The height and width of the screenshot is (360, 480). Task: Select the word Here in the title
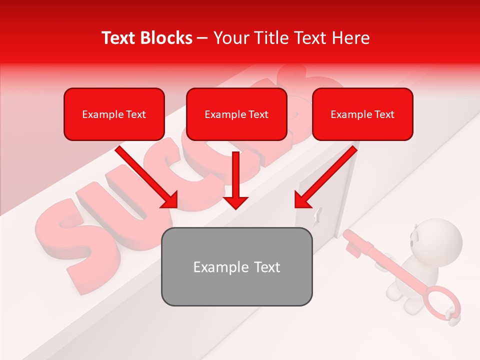[350, 38]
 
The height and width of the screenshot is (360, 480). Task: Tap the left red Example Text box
[114, 114]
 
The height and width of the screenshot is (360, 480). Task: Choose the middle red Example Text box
[236, 114]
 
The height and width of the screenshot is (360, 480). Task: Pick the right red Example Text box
[362, 114]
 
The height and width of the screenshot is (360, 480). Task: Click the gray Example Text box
[236, 266]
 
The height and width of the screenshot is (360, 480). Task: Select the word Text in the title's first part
[118, 38]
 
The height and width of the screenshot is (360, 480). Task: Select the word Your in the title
[230, 38]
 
